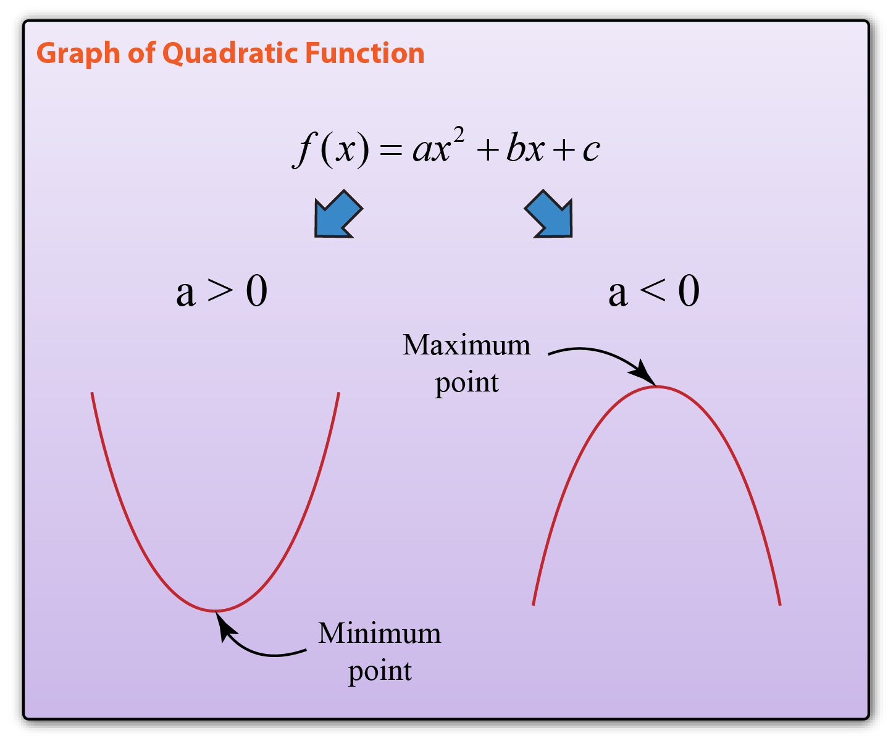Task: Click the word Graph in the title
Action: click(x=78, y=54)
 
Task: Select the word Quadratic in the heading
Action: click(x=230, y=54)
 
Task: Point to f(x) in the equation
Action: click(x=331, y=149)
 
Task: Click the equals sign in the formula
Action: click(x=390, y=149)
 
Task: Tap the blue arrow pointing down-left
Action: click(x=338, y=213)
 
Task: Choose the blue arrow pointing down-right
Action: click(x=548, y=213)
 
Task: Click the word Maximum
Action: click(x=467, y=345)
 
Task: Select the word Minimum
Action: click(x=379, y=634)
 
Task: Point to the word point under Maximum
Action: click(x=467, y=383)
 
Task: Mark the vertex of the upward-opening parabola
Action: click(x=216, y=611)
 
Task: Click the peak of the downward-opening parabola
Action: click(x=656, y=386)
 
